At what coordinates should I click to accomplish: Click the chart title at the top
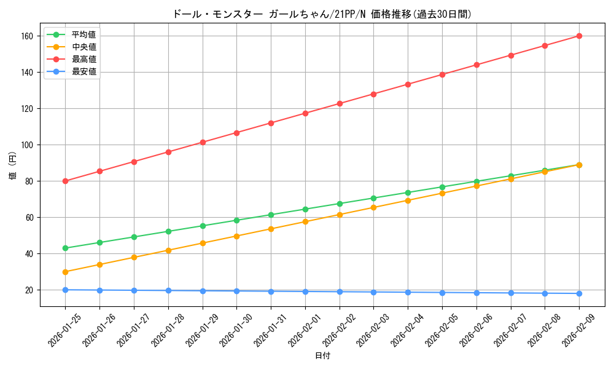click(322, 14)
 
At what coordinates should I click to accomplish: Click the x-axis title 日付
click(322, 356)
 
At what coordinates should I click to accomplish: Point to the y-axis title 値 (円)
click(13, 167)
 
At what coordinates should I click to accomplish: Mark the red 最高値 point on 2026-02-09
click(579, 36)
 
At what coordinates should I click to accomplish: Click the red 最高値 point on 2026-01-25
click(65, 181)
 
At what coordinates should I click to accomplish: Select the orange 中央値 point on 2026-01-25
click(65, 272)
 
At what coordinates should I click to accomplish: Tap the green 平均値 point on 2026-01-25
click(65, 248)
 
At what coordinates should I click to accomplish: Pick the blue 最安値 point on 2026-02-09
click(579, 293)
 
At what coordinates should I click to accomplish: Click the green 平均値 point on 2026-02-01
click(305, 209)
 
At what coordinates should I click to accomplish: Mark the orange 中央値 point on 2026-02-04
click(408, 200)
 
